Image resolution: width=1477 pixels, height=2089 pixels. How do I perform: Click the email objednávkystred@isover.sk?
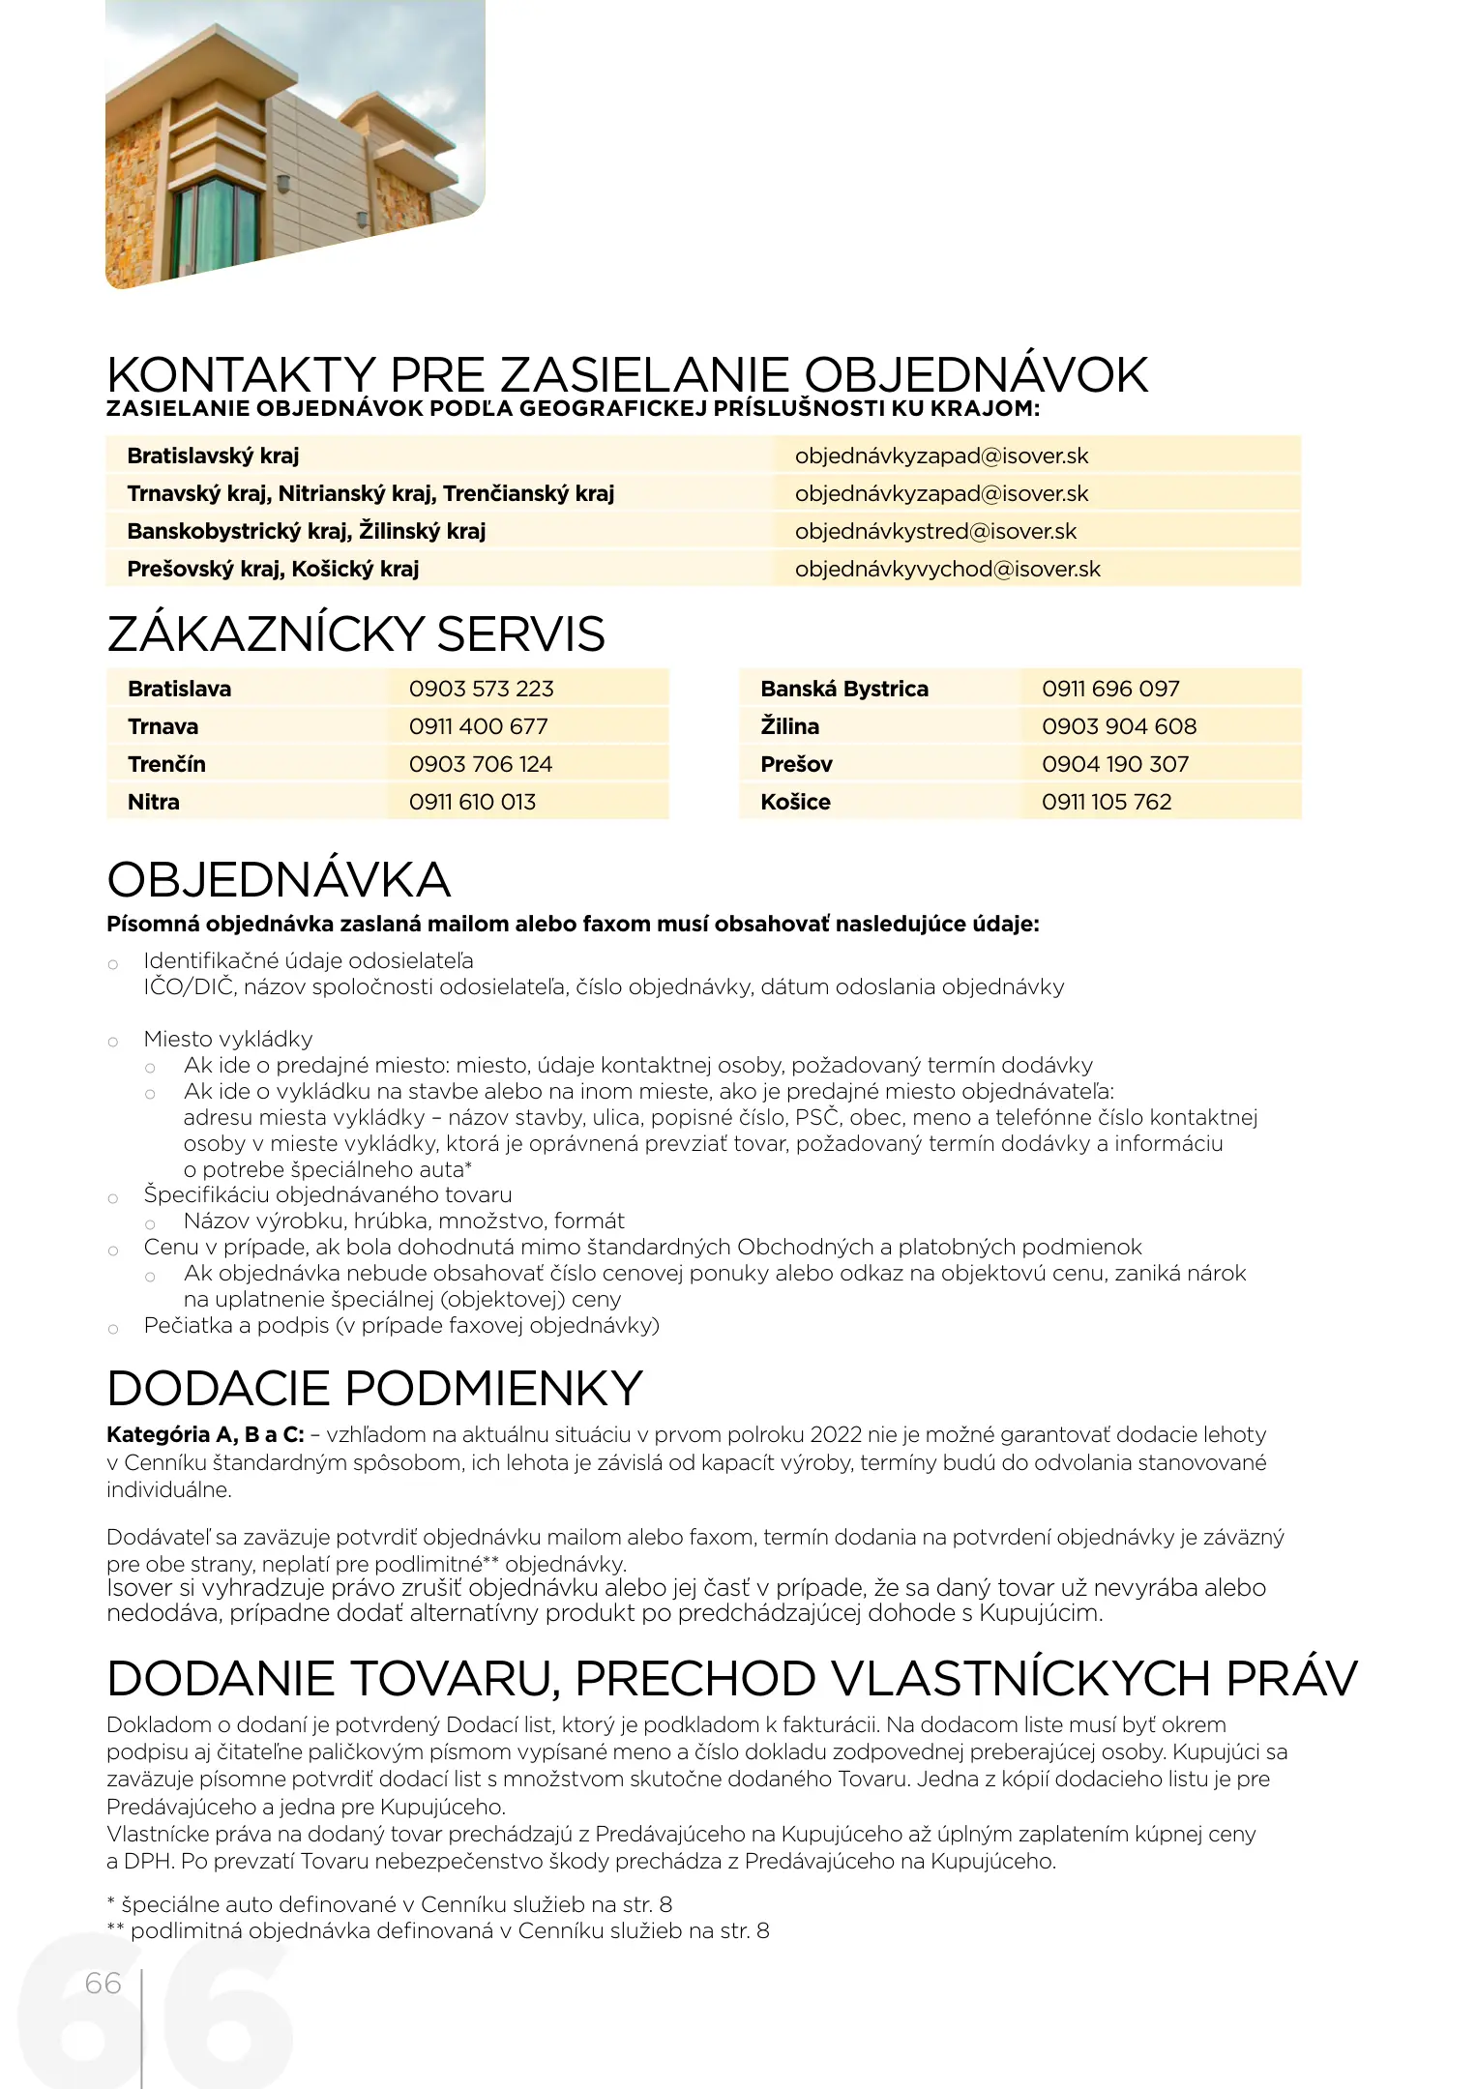935,531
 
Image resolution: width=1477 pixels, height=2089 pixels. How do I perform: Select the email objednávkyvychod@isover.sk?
947,569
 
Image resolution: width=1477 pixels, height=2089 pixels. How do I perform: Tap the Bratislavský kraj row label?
213,456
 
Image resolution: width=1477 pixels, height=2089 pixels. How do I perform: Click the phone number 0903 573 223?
481,689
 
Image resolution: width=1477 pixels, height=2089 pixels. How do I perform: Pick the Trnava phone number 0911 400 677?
478,726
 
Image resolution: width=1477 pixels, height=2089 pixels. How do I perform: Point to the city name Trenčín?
166,764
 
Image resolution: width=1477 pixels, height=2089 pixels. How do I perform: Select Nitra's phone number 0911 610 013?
472,802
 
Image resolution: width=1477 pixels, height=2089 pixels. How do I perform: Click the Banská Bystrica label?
843,689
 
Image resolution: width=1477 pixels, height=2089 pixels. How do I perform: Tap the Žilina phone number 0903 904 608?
1119,726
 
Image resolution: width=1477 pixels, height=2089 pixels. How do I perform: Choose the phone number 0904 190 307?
1115,764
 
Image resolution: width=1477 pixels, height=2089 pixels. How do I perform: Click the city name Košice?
795,802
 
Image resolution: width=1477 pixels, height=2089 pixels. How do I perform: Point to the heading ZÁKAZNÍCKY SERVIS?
356,634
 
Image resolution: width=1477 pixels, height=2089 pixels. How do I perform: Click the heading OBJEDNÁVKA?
279,880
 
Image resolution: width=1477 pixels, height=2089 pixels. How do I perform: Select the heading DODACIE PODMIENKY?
374,1389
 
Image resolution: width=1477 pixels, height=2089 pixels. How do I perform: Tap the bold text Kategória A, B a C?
205,1434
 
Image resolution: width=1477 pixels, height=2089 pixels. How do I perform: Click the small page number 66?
103,1984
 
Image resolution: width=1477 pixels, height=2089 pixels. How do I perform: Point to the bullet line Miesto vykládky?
228,1039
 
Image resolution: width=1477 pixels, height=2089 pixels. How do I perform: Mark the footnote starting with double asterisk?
438,1930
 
